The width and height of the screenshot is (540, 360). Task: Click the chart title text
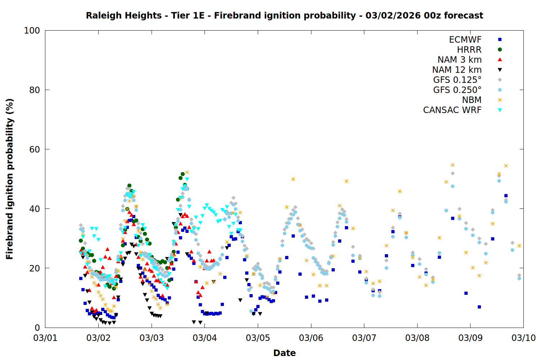(x=284, y=15)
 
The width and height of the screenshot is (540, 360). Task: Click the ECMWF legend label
(x=465, y=40)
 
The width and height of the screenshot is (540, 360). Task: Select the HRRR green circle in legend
(x=500, y=50)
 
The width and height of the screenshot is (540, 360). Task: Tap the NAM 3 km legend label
(x=459, y=60)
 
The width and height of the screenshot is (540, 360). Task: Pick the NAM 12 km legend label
(x=457, y=70)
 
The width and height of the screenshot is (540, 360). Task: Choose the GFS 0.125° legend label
(x=457, y=80)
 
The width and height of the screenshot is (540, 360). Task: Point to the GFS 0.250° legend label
(x=457, y=90)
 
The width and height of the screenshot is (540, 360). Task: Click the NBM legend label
(x=472, y=100)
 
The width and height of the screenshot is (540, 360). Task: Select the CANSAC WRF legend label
(x=452, y=110)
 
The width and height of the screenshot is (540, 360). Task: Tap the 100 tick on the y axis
(x=32, y=31)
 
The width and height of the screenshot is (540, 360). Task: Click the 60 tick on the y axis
(x=35, y=149)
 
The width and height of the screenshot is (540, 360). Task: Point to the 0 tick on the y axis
(x=37, y=328)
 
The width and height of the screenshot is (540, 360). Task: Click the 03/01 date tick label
(x=45, y=338)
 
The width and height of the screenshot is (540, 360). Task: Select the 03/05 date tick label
(x=258, y=338)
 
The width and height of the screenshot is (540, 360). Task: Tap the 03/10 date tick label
(x=523, y=338)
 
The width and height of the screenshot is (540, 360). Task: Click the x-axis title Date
(x=284, y=353)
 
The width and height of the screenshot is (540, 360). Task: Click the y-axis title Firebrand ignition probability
(x=10, y=179)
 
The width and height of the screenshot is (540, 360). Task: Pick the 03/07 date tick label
(x=364, y=338)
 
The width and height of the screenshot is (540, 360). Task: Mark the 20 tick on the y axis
(x=35, y=268)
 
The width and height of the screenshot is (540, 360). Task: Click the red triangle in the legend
(x=500, y=60)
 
